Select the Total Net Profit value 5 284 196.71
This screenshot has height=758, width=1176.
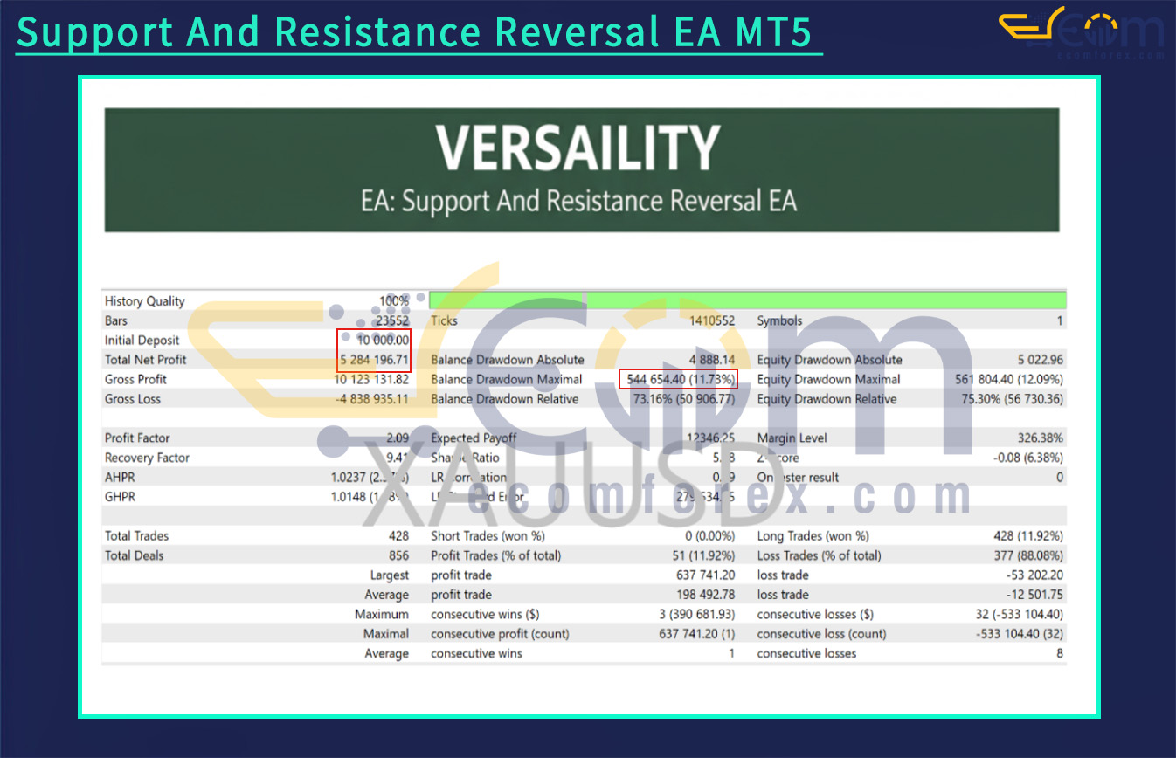click(x=374, y=360)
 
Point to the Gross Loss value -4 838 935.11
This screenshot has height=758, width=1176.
click(x=371, y=399)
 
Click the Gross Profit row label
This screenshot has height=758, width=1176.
click(x=135, y=380)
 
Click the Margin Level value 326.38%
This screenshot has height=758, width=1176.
click(x=1041, y=438)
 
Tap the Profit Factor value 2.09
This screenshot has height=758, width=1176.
click(x=394, y=438)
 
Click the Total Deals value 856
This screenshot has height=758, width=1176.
click(x=398, y=555)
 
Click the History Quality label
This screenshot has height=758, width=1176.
click(x=145, y=301)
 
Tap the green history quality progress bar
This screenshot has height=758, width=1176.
click(x=747, y=300)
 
